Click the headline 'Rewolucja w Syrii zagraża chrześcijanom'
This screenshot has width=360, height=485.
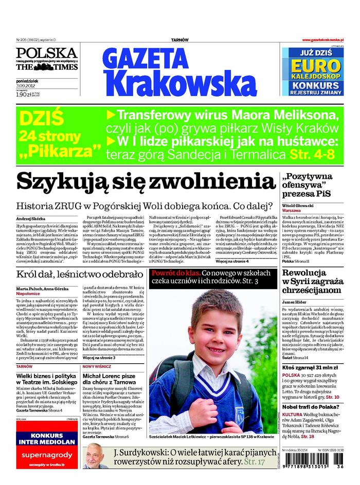click(x=312, y=281)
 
